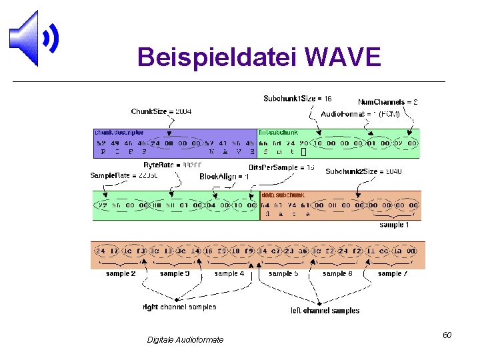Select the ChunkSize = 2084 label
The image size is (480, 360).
(x=161, y=111)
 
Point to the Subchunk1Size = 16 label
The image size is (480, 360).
(x=298, y=99)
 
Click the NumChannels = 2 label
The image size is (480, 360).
(x=388, y=102)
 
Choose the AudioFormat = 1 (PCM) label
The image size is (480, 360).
(x=360, y=114)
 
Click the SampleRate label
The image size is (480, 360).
(x=115, y=175)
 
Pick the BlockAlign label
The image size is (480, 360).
(x=224, y=177)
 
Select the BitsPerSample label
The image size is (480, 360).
(x=281, y=167)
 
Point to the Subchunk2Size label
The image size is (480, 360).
(x=363, y=171)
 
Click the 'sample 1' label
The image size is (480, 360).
(x=394, y=225)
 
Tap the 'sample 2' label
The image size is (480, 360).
(x=121, y=273)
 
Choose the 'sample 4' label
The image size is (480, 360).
(x=229, y=273)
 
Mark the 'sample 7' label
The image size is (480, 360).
(x=392, y=273)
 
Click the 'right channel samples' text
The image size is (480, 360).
(x=179, y=307)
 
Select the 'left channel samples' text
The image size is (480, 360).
(x=325, y=310)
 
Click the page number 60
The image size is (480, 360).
(x=447, y=335)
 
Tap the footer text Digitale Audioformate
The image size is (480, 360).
(x=185, y=340)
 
